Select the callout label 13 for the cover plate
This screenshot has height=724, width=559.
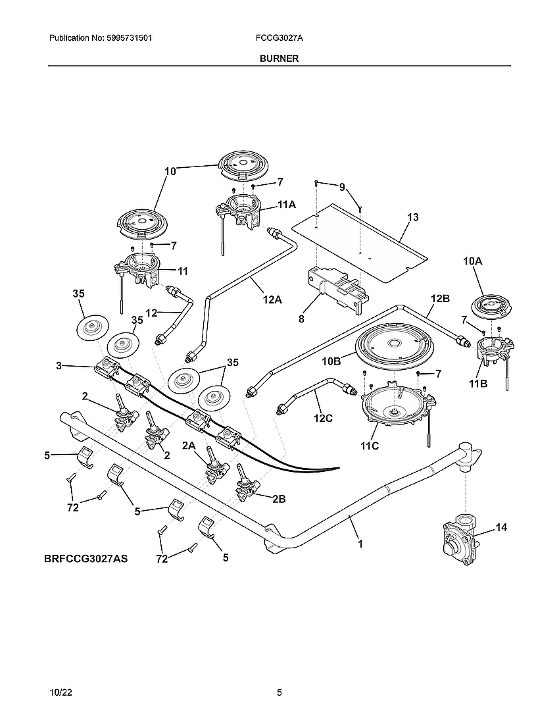coord(412,217)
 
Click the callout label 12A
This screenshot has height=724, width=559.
coord(272,299)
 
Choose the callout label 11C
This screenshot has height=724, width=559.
coord(370,446)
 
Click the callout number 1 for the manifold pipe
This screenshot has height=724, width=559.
coord(360,544)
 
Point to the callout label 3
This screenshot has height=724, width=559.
coord(59,366)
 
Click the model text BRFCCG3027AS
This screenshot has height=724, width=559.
coord(85,559)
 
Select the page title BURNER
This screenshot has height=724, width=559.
coord(279,58)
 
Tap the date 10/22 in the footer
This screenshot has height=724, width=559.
coord(59,693)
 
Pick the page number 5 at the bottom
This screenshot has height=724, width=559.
coord(279,693)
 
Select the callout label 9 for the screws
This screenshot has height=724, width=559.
coord(342,188)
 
